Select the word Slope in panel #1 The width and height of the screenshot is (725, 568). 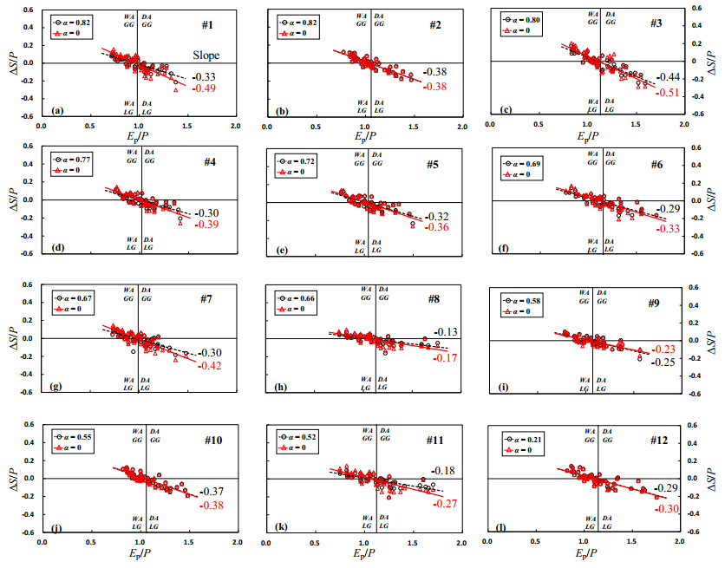pos(206,55)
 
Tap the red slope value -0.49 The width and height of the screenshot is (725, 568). pos(204,88)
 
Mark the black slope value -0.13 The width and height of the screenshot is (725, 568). pos(446,332)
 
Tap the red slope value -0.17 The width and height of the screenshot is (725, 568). pos(446,358)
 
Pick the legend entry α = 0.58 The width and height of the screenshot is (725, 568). pos(524,300)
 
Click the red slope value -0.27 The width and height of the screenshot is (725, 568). pos(446,504)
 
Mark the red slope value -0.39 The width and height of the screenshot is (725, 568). pos(208,225)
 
